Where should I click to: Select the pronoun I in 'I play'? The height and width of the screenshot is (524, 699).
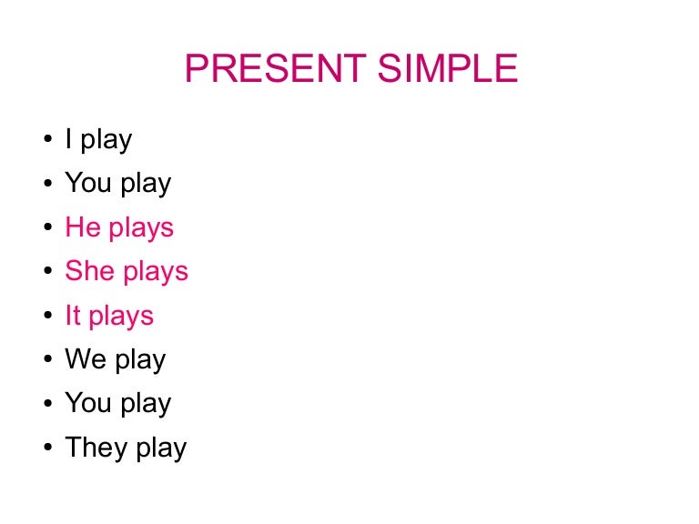[68, 139]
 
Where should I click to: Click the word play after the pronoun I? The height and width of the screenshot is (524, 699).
[106, 141]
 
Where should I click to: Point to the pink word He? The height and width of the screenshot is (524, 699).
[83, 227]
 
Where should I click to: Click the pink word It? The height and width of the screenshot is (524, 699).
[73, 316]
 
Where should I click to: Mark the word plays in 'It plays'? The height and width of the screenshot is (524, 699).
[122, 317]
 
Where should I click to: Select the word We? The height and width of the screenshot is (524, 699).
[86, 359]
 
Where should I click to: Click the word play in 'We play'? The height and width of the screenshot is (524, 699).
[141, 361]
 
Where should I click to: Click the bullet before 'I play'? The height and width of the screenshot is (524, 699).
[46, 141]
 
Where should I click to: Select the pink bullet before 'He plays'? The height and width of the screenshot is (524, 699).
[46, 229]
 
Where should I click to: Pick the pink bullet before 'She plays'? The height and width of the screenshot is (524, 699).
[46, 273]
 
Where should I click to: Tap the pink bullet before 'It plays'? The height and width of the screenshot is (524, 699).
[46, 317]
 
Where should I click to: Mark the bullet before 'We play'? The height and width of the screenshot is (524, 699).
[46, 361]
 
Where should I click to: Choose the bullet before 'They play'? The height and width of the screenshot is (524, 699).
[46, 449]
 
